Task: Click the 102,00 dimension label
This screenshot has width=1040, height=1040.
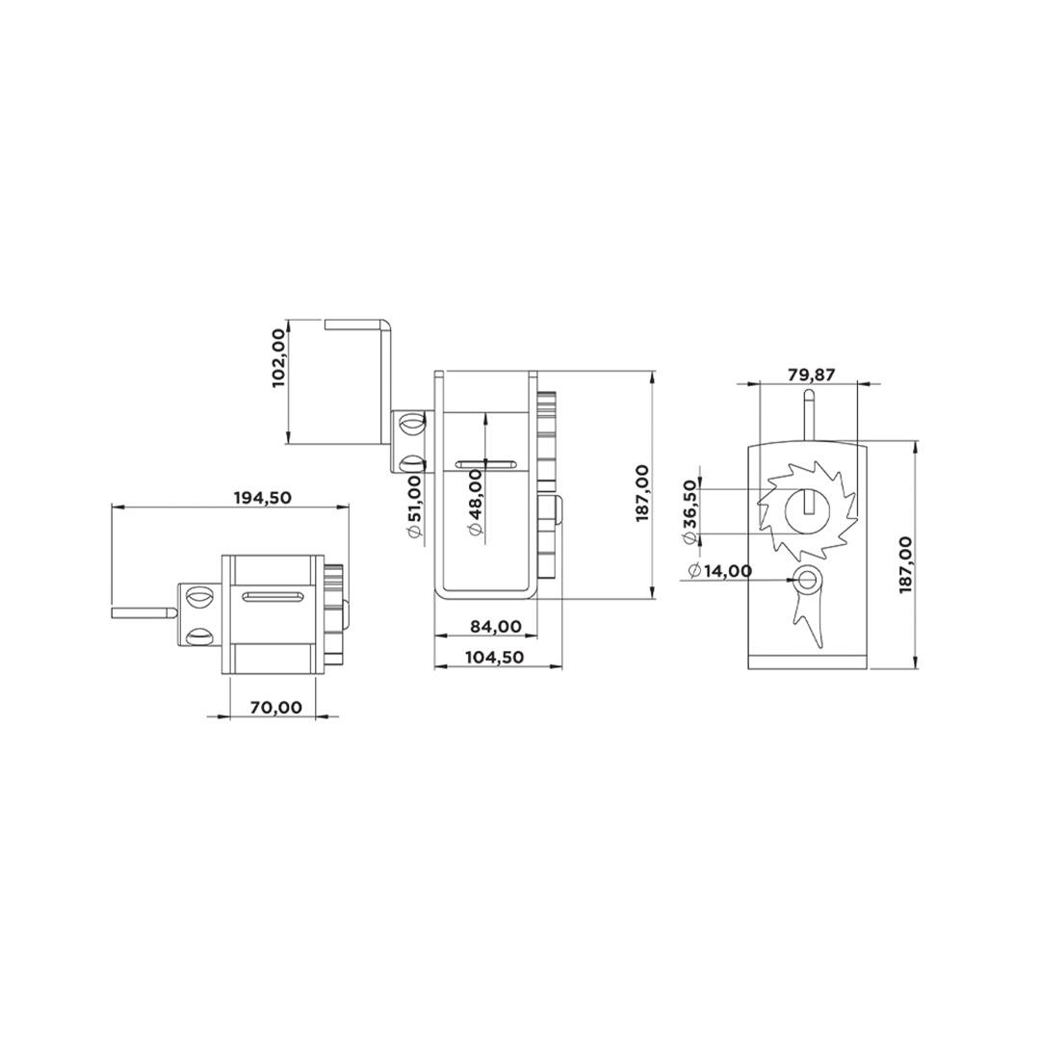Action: [x=280, y=358]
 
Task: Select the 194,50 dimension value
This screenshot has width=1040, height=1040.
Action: [x=263, y=498]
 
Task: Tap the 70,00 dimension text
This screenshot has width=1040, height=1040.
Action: [x=276, y=707]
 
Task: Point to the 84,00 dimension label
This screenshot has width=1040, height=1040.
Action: [x=496, y=626]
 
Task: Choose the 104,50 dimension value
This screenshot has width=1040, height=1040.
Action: [x=495, y=658]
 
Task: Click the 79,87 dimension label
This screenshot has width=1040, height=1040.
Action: [x=812, y=374]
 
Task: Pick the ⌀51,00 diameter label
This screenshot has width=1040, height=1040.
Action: [x=414, y=506]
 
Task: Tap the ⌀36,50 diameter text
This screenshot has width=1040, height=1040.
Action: [x=689, y=511]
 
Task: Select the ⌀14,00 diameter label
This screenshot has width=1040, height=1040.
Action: [x=720, y=570]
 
